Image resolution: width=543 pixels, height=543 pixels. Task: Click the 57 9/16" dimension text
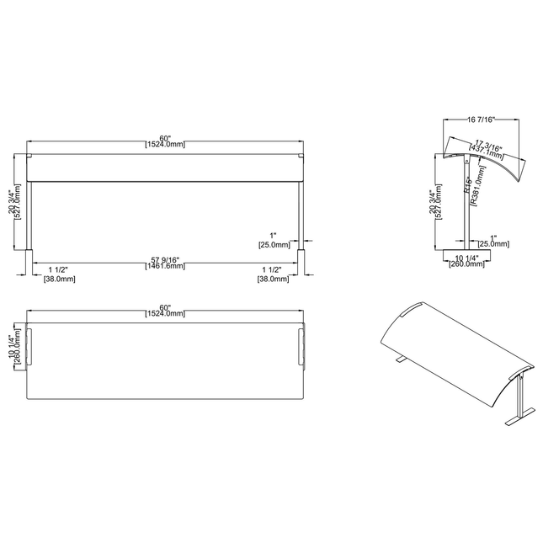click(x=164, y=258)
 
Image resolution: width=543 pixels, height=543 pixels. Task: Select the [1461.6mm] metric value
click(x=164, y=265)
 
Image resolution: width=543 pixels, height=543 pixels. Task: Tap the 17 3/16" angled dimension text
click(x=488, y=144)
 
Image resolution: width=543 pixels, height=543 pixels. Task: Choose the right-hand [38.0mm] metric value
click(x=274, y=278)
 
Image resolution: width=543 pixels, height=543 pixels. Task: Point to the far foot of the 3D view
click(x=399, y=359)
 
